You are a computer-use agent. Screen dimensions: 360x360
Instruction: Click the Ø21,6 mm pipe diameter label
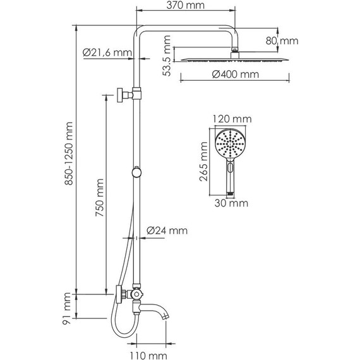(x=107, y=53)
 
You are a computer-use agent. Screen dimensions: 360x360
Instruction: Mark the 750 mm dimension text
(x=99, y=199)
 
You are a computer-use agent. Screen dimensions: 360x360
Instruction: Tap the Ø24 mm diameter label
(x=167, y=231)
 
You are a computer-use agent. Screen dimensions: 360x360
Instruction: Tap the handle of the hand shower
(x=231, y=180)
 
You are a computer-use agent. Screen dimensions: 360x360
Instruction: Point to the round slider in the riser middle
(x=136, y=171)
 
